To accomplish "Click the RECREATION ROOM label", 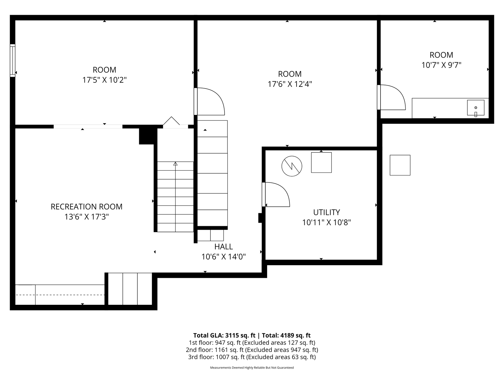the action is point(87,207).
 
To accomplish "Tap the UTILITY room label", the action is point(326,212).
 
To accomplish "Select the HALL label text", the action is point(223,247).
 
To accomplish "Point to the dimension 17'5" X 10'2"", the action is point(105,80).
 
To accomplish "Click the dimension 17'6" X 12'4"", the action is point(290,84).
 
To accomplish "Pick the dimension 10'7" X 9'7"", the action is point(441,65).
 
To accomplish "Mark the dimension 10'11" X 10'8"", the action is point(326,222).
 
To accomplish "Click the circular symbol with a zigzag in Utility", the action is point(292,166).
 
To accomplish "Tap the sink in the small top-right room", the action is point(476,108).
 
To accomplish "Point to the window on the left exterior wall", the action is point(12,61).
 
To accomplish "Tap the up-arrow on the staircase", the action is point(175,163).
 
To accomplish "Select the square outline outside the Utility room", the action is point(400,165).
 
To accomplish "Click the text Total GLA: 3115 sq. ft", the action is point(224,335).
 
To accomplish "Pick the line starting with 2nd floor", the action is point(252,350).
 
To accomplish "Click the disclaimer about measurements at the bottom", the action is point(252,368).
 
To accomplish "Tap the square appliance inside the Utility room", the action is point(321,162).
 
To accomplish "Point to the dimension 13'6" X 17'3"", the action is point(87,217).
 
